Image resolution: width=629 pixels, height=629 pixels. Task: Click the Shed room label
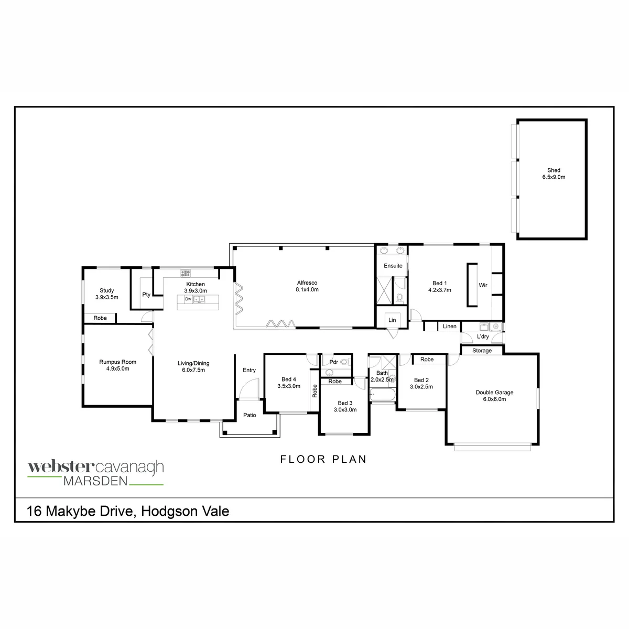[x=554, y=170]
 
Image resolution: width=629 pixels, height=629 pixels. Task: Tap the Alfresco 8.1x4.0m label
[x=307, y=286]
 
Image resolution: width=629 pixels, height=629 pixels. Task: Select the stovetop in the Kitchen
[x=186, y=273]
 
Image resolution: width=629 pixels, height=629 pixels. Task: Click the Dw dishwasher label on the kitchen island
[x=188, y=299]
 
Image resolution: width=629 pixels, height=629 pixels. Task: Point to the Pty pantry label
[x=146, y=295]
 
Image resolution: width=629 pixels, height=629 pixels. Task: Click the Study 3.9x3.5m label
[x=107, y=294]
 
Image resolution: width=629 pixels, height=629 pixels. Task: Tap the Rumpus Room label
[x=117, y=362]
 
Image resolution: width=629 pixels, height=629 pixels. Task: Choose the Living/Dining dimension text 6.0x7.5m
[x=193, y=370]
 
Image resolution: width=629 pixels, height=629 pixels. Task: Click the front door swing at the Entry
[x=250, y=389]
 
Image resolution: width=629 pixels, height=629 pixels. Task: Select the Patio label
[x=250, y=415]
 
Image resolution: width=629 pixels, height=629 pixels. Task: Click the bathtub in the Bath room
[x=382, y=395]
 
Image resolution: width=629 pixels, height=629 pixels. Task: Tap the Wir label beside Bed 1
[x=483, y=285]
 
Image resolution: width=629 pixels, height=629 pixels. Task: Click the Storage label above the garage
[x=482, y=351]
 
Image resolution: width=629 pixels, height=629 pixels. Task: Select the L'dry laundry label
[x=483, y=337]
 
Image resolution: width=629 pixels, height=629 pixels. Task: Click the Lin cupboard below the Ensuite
[x=392, y=320]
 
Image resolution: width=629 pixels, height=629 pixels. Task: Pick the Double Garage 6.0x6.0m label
[x=494, y=396]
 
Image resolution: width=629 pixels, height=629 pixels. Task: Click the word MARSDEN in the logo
[x=95, y=481]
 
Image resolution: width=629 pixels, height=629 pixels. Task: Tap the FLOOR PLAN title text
[x=323, y=459]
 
